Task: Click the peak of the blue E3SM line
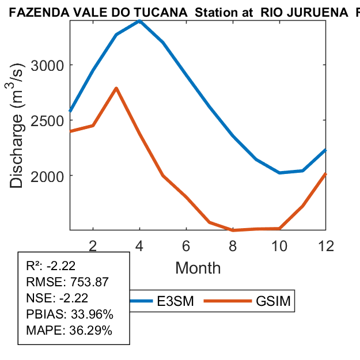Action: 139,21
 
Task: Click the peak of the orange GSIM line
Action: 116,88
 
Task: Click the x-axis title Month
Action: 198,267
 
